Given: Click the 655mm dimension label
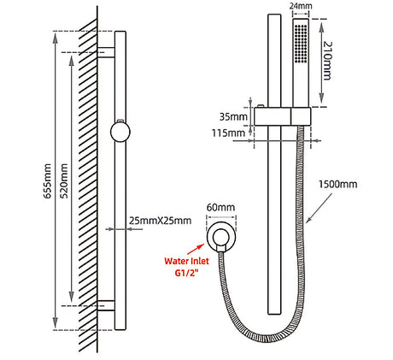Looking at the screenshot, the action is coord(47,180).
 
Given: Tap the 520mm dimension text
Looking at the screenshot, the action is coord(64,180).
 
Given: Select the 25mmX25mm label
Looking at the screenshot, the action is coord(161,221).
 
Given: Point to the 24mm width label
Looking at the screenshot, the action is coord(301,6).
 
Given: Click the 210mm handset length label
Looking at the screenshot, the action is coord(328,61).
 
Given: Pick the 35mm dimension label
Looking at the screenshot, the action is coord(233,116).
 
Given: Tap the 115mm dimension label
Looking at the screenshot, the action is coord(228,133).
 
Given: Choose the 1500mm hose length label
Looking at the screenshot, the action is coord(337,184).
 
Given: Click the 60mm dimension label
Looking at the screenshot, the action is coord(220,207).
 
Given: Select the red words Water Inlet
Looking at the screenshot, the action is coord(186,261).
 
